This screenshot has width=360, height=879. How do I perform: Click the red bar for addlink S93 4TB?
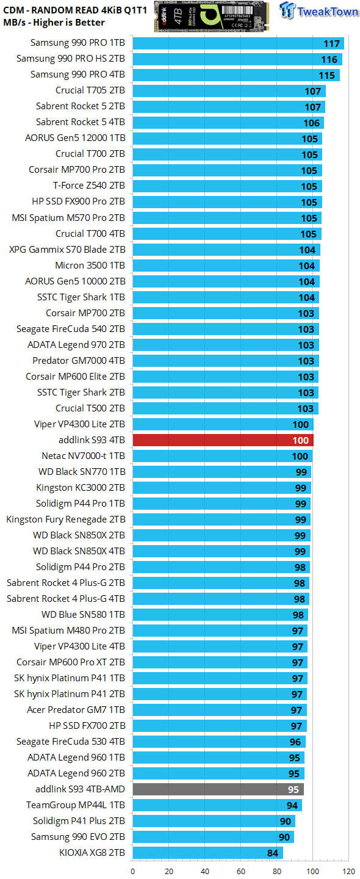coord(223,440)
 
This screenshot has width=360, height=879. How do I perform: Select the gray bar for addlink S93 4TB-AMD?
coord(218,789)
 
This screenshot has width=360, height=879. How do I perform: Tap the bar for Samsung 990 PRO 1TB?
coord(238,43)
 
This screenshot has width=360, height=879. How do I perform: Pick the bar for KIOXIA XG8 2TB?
coord(207,853)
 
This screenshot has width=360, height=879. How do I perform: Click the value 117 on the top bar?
coord(332,43)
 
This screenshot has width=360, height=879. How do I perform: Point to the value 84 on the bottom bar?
coord(273,853)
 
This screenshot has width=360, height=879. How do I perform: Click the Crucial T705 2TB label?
coord(90,90)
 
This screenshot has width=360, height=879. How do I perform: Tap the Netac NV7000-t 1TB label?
coord(83,455)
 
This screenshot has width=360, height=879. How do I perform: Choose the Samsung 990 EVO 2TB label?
coord(78,837)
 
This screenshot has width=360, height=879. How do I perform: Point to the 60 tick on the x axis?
coord(241,871)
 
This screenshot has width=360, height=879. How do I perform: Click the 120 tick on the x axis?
coord(349,871)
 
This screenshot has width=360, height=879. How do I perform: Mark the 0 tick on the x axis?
coord(132,871)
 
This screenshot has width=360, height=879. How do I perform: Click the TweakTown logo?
coord(320,12)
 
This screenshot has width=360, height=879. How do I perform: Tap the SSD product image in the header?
coord(212,15)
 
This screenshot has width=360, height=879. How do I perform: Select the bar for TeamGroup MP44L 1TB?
coord(217,805)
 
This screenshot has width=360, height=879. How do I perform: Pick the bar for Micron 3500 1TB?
coord(226,266)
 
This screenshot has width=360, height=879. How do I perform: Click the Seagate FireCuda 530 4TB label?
coord(71,742)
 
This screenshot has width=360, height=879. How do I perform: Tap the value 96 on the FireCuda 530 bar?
coord(295,742)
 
